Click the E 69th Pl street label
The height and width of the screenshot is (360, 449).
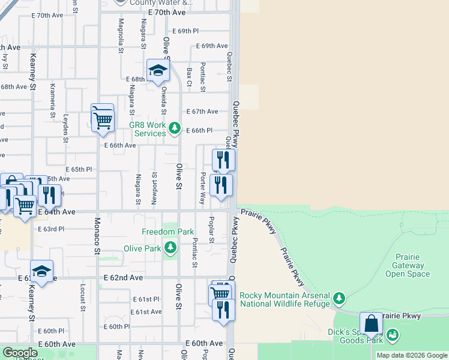tap(185, 31)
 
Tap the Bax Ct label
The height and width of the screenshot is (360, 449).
tap(188, 76)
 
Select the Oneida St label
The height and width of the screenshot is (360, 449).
tap(163, 100)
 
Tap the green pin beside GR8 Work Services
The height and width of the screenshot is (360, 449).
tap(174, 127)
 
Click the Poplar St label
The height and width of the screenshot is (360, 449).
tap(211, 229)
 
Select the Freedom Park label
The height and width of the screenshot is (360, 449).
tap(159, 232)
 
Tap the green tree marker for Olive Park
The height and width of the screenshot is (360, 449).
tap(171, 247)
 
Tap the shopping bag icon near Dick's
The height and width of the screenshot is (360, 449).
tap(372, 323)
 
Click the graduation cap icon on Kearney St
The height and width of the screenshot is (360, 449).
tap(41, 272)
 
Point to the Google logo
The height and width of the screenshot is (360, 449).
tap(20, 353)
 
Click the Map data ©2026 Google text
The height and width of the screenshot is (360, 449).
tap(412, 355)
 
